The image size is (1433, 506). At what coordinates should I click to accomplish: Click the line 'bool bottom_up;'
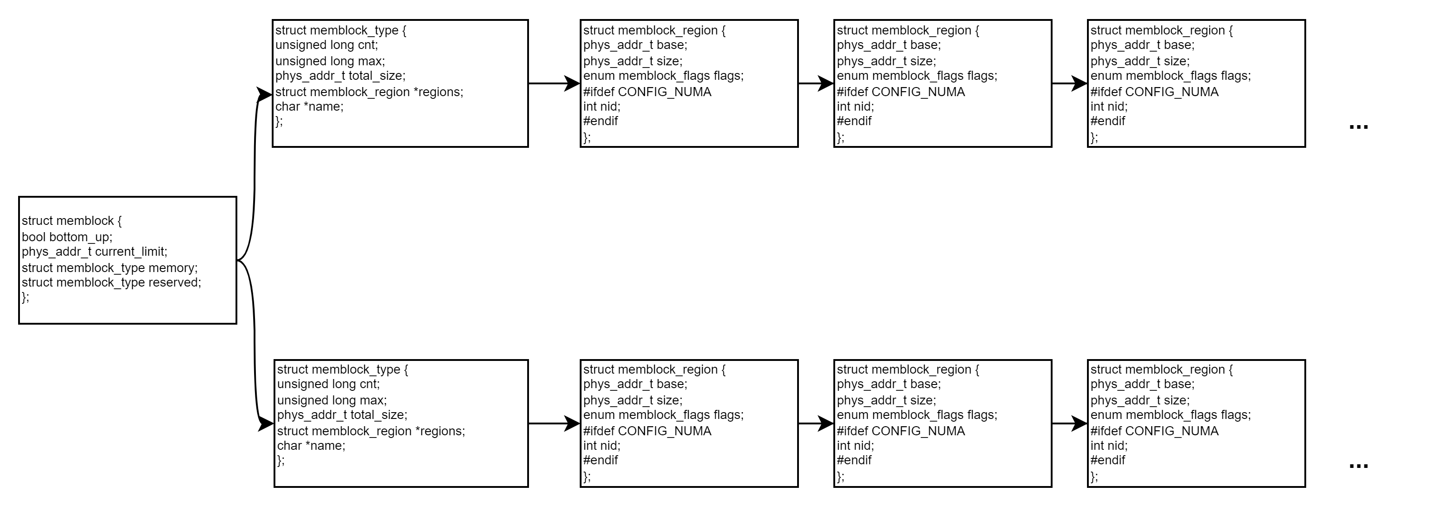pyautogui.click(x=67, y=237)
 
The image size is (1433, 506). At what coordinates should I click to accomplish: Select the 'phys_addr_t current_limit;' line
pyautogui.click(x=95, y=252)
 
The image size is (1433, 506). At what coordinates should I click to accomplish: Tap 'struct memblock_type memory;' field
pyautogui.click(x=110, y=268)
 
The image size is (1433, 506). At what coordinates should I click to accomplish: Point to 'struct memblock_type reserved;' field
pyautogui.click(x=111, y=282)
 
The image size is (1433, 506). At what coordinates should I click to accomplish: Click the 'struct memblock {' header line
pyautogui.click(x=72, y=221)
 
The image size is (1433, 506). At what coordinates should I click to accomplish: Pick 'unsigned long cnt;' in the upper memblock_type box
pyautogui.click(x=327, y=45)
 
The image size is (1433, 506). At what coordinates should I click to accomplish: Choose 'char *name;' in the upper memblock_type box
pyautogui.click(x=309, y=106)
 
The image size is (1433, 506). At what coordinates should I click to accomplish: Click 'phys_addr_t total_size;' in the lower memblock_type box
pyautogui.click(x=342, y=415)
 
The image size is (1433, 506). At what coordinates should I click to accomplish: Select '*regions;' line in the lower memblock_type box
pyautogui.click(x=371, y=431)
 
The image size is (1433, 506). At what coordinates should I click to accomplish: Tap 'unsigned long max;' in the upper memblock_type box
pyautogui.click(x=330, y=61)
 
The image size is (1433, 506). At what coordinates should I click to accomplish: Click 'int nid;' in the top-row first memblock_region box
pyautogui.click(x=601, y=106)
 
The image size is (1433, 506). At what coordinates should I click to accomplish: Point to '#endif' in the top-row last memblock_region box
pyautogui.click(x=1107, y=121)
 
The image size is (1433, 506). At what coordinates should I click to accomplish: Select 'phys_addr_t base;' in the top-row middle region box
pyautogui.click(x=889, y=45)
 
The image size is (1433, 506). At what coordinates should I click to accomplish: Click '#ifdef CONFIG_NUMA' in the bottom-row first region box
pyautogui.click(x=647, y=431)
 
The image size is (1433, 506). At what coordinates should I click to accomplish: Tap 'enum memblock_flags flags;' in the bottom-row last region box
pyautogui.click(x=1170, y=415)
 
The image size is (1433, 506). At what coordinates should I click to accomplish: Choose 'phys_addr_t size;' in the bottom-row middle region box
pyautogui.click(x=886, y=400)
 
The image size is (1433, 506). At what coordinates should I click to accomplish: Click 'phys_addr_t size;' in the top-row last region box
pyautogui.click(x=1140, y=61)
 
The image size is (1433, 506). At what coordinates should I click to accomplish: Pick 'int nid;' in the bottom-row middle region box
pyautogui.click(x=855, y=445)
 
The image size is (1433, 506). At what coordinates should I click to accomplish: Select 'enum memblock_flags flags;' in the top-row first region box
pyautogui.click(x=663, y=76)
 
